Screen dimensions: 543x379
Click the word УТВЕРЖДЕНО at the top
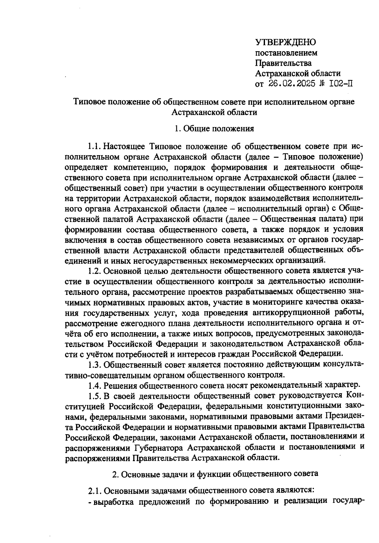point(286,42)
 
